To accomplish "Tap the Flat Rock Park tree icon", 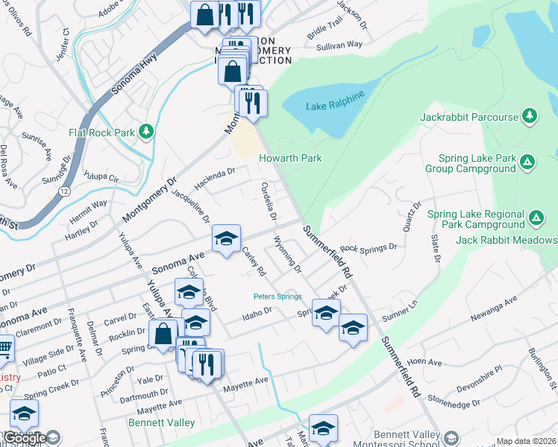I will click(147, 132).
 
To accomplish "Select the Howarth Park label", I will click(290, 159).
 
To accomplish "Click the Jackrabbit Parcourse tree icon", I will click(529, 115).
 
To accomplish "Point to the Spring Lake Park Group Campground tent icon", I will click(527, 162).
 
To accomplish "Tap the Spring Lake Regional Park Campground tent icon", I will click(536, 218).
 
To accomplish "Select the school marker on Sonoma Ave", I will click(226, 239).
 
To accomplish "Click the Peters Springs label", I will click(278, 297).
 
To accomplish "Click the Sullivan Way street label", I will click(339, 45).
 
